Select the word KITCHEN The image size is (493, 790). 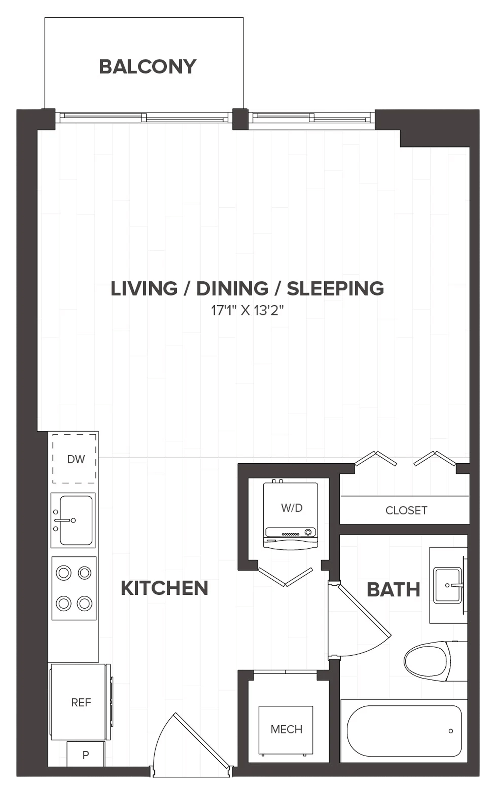[165, 588]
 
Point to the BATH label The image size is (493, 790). [394, 590]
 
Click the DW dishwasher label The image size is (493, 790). [76, 459]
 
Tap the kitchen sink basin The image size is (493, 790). [76, 520]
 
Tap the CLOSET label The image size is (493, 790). [406, 511]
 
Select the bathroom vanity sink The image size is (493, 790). [447, 586]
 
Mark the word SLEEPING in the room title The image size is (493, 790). [335, 288]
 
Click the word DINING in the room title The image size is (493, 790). [232, 288]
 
